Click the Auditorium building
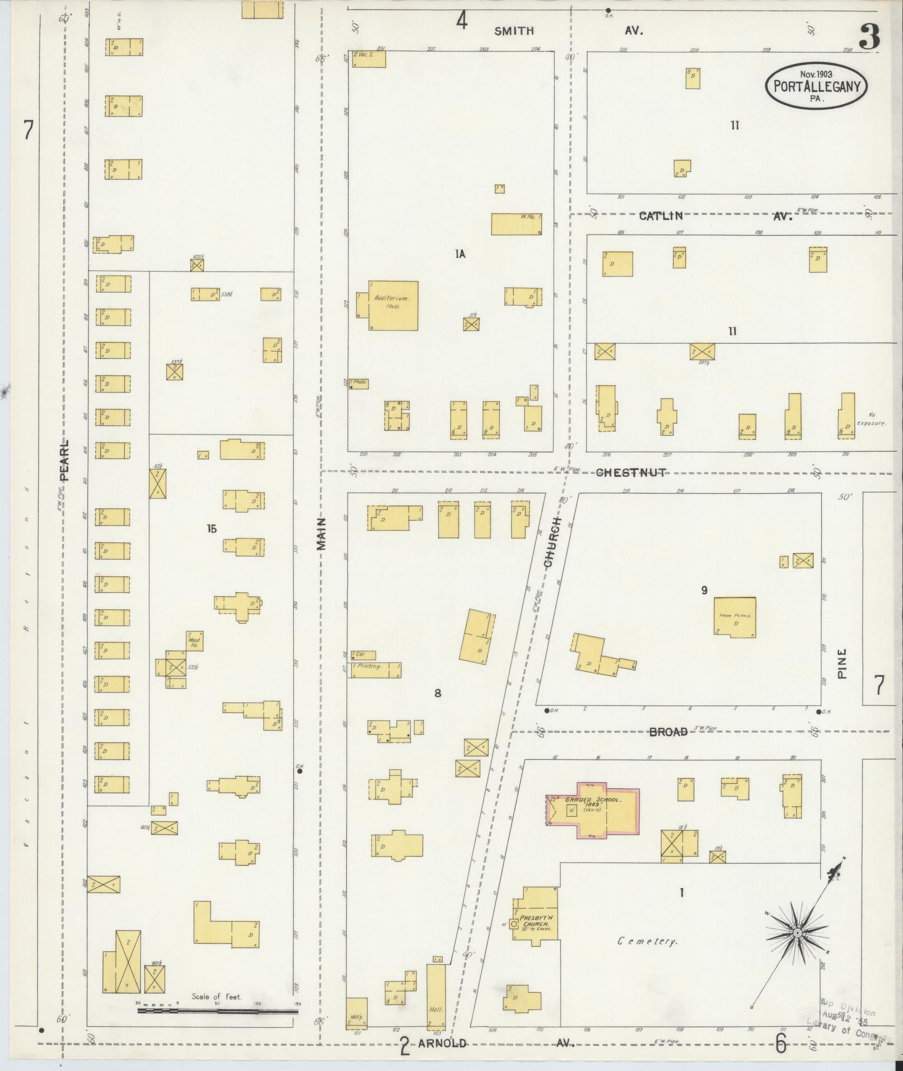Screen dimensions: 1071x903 tap(393, 305)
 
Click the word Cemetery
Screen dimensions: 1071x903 tap(647, 941)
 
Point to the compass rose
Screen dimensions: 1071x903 tap(797, 933)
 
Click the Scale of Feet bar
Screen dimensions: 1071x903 tap(218, 1011)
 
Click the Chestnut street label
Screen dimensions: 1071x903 tap(631, 473)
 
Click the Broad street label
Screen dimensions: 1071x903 tap(669, 732)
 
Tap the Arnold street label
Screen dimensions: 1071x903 tap(442, 1044)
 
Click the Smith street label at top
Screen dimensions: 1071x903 tap(513, 31)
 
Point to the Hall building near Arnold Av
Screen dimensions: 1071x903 tap(436, 997)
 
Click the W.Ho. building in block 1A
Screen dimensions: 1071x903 tap(516, 224)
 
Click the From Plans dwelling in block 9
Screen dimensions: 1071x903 tap(734, 617)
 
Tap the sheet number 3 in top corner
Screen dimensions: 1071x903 tap(869, 38)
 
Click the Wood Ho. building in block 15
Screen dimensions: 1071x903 tap(194, 641)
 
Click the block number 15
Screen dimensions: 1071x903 tap(211, 529)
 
